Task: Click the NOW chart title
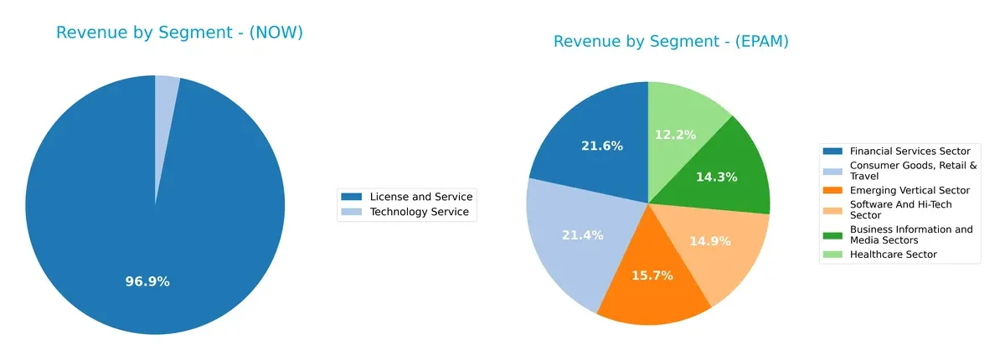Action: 179,33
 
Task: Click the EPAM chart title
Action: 671,41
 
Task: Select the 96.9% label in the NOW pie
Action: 147,281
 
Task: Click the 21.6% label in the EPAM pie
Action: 602,146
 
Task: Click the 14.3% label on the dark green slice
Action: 718,177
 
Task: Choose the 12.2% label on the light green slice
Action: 675,134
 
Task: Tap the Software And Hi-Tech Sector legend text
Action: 900,209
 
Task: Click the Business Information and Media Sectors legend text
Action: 911,234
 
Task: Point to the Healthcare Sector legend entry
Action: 893,254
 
